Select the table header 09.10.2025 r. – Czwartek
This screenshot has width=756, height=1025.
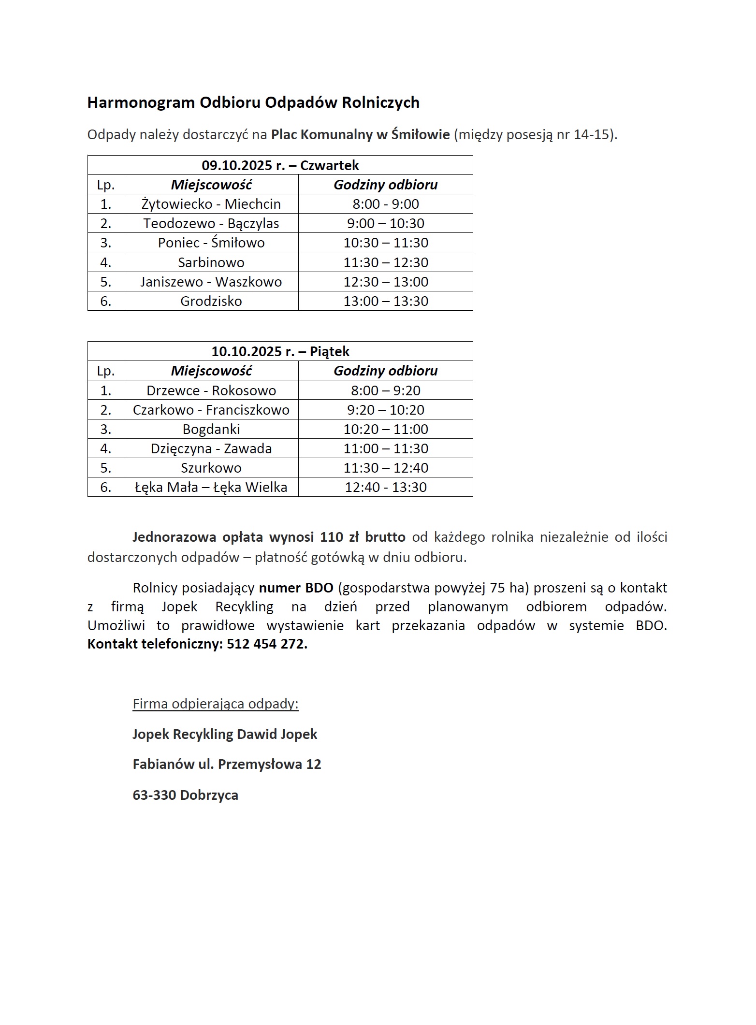pyautogui.click(x=280, y=165)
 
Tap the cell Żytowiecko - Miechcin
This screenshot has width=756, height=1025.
pyautogui.click(x=211, y=204)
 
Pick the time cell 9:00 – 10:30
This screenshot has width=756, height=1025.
pyautogui.click(x=385, y=223)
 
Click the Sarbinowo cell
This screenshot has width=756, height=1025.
pyautogui.click(x=211, y=262)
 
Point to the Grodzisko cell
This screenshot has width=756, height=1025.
pyautogui.click(x=211, y=301)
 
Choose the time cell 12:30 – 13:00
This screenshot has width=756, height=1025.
pyautogui.click(x=385, y=282)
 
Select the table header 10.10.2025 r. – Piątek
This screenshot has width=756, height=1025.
pyautogui.click(x=280, y=351)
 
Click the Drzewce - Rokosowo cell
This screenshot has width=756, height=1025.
pyautogui.click(x=211, y=390)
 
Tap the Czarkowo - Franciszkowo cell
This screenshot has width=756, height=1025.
pyautogui.click(x=211, y=410)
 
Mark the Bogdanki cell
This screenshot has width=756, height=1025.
pyautogui.click(x=211, y=429)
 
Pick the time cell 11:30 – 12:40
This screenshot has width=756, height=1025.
pyautogui.click(x=385, y=468)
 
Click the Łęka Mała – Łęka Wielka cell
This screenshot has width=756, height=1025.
pyautogui.click(x=211, y=487)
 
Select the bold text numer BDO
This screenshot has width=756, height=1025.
pyautogui.click(x=296, y=588)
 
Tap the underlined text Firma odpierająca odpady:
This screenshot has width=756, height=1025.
pyautogui.click(x=216, y=704)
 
